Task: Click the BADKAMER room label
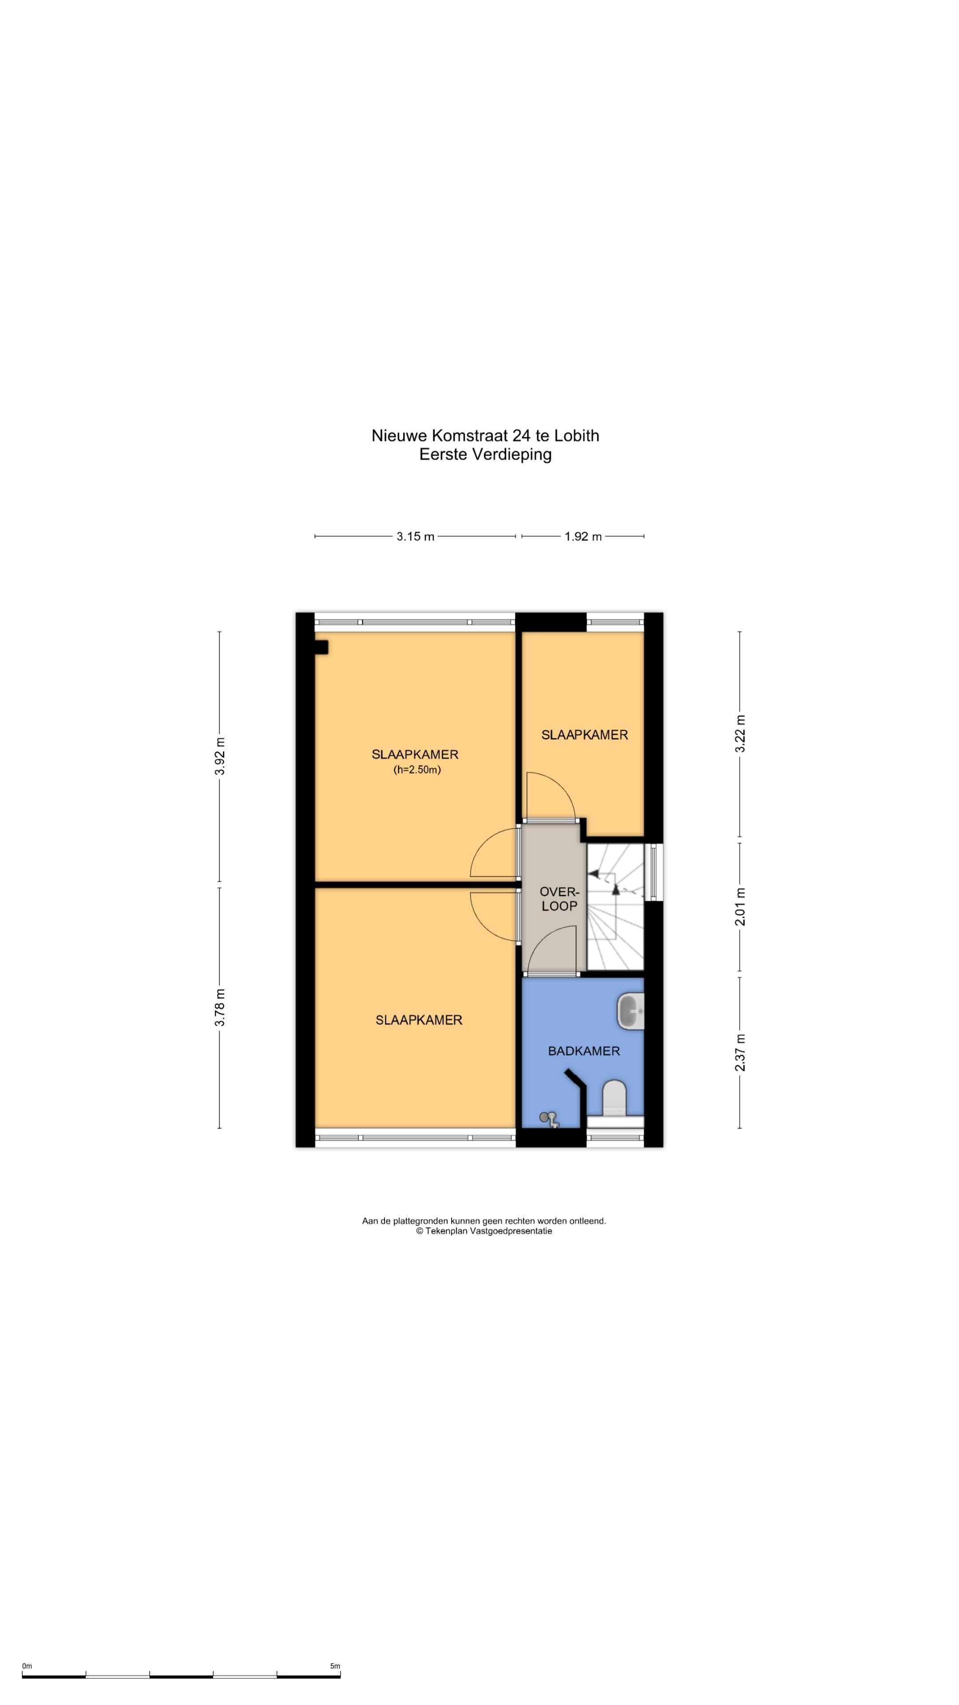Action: (x=584, y=1051)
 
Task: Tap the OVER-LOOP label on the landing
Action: (x=559, y=899)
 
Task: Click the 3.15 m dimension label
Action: (x=416, y=537)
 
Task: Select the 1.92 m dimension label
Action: (x=583, y=537)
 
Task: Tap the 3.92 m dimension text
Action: (x=220, y=756)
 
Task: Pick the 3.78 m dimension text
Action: (x=220, y=1007)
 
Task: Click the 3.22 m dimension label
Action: (x=740, y=734)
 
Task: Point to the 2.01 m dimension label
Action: (x=740, y=907)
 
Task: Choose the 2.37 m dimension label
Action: (x=740, y=1052)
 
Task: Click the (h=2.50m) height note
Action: (x=417, y=770)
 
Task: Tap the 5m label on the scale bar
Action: (x=335, y=1666)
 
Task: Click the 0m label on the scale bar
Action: (x=27, y=1666)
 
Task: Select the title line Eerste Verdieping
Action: (x=485, y=455)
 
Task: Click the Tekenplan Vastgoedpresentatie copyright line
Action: (x=484, y=1231)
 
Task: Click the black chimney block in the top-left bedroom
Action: (x=321, y=647)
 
